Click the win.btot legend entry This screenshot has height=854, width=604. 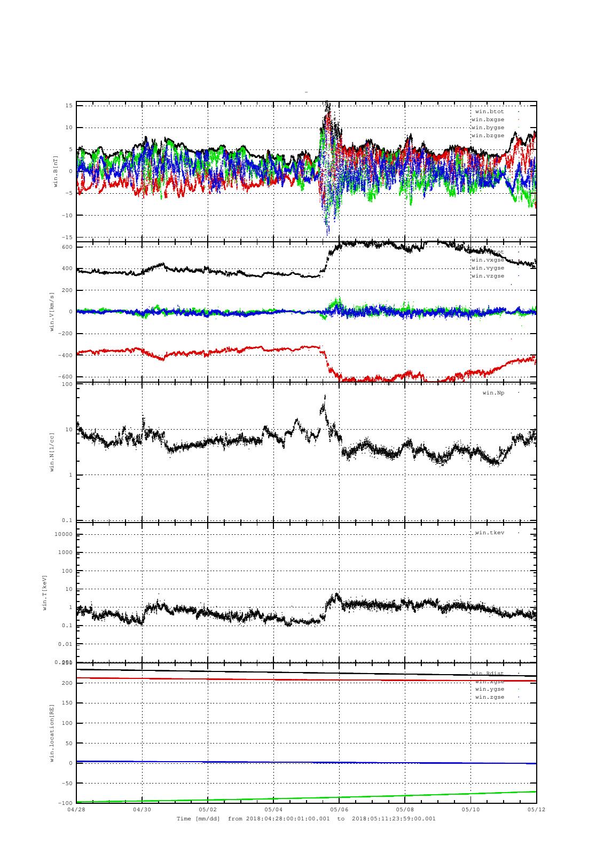click(489, 112)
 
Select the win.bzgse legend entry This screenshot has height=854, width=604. click(487, 136)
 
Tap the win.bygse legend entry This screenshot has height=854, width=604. click(487, 128)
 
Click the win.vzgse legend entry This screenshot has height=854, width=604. click(487, 276)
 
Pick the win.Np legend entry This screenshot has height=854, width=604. click(493, 393)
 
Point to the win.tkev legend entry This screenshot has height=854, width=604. click(489, 533)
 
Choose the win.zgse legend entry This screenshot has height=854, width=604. click(489, 697)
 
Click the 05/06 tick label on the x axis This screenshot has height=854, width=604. click(339, 809)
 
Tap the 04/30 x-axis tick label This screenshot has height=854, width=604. click(142, 809)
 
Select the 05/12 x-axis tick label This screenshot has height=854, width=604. click(536, 809)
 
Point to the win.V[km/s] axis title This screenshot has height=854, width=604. click(52, 312)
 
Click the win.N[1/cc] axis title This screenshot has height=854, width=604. click(52, 452)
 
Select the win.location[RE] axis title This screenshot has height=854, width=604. click(52, 733)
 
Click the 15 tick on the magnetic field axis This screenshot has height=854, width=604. click(69, 106)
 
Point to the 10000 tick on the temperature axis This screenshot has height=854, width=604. click(63, 534)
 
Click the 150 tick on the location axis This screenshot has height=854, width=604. click(66, 703)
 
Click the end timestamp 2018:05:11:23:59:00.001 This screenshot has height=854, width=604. click(394, 819)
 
